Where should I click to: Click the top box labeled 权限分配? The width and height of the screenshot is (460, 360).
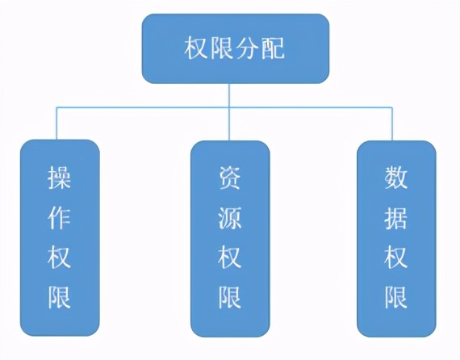(x=236, y=48)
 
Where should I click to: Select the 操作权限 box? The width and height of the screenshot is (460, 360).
(x=60, y=238)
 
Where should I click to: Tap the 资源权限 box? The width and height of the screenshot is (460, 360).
(x=230, y=239)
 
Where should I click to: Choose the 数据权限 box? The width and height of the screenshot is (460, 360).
(x=396, y=239)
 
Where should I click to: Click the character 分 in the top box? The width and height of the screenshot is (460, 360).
(x=248, y=48)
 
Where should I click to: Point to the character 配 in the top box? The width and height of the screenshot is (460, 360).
(x=273, y=48)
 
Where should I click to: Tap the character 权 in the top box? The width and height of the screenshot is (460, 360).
(x=197, y=48)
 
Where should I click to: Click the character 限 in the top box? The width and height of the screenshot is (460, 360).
(x=222, y=48)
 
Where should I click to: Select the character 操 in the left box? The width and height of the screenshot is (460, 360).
(x=60, y=178)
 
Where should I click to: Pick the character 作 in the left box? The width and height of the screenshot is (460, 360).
(x=60, y=217)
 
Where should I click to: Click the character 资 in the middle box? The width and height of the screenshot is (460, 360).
(x=230, y=178)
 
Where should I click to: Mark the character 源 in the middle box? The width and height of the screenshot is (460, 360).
(x=230, y=218)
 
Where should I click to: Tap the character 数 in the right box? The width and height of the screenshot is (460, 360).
(x=396, y=178)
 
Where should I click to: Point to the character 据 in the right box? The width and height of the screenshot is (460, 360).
(x=396, y=218)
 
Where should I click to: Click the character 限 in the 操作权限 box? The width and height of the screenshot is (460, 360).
(x=60, y=297)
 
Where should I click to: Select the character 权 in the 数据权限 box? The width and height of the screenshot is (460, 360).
(x=396, y=257)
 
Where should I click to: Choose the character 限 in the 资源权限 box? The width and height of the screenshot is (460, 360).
(x=230, y=297)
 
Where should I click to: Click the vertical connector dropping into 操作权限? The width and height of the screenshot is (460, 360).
(x=56, y=123)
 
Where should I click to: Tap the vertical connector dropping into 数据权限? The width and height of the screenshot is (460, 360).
(x=392, y=123)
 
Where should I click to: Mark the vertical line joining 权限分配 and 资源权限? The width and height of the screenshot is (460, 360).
(x=229, y=112)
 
